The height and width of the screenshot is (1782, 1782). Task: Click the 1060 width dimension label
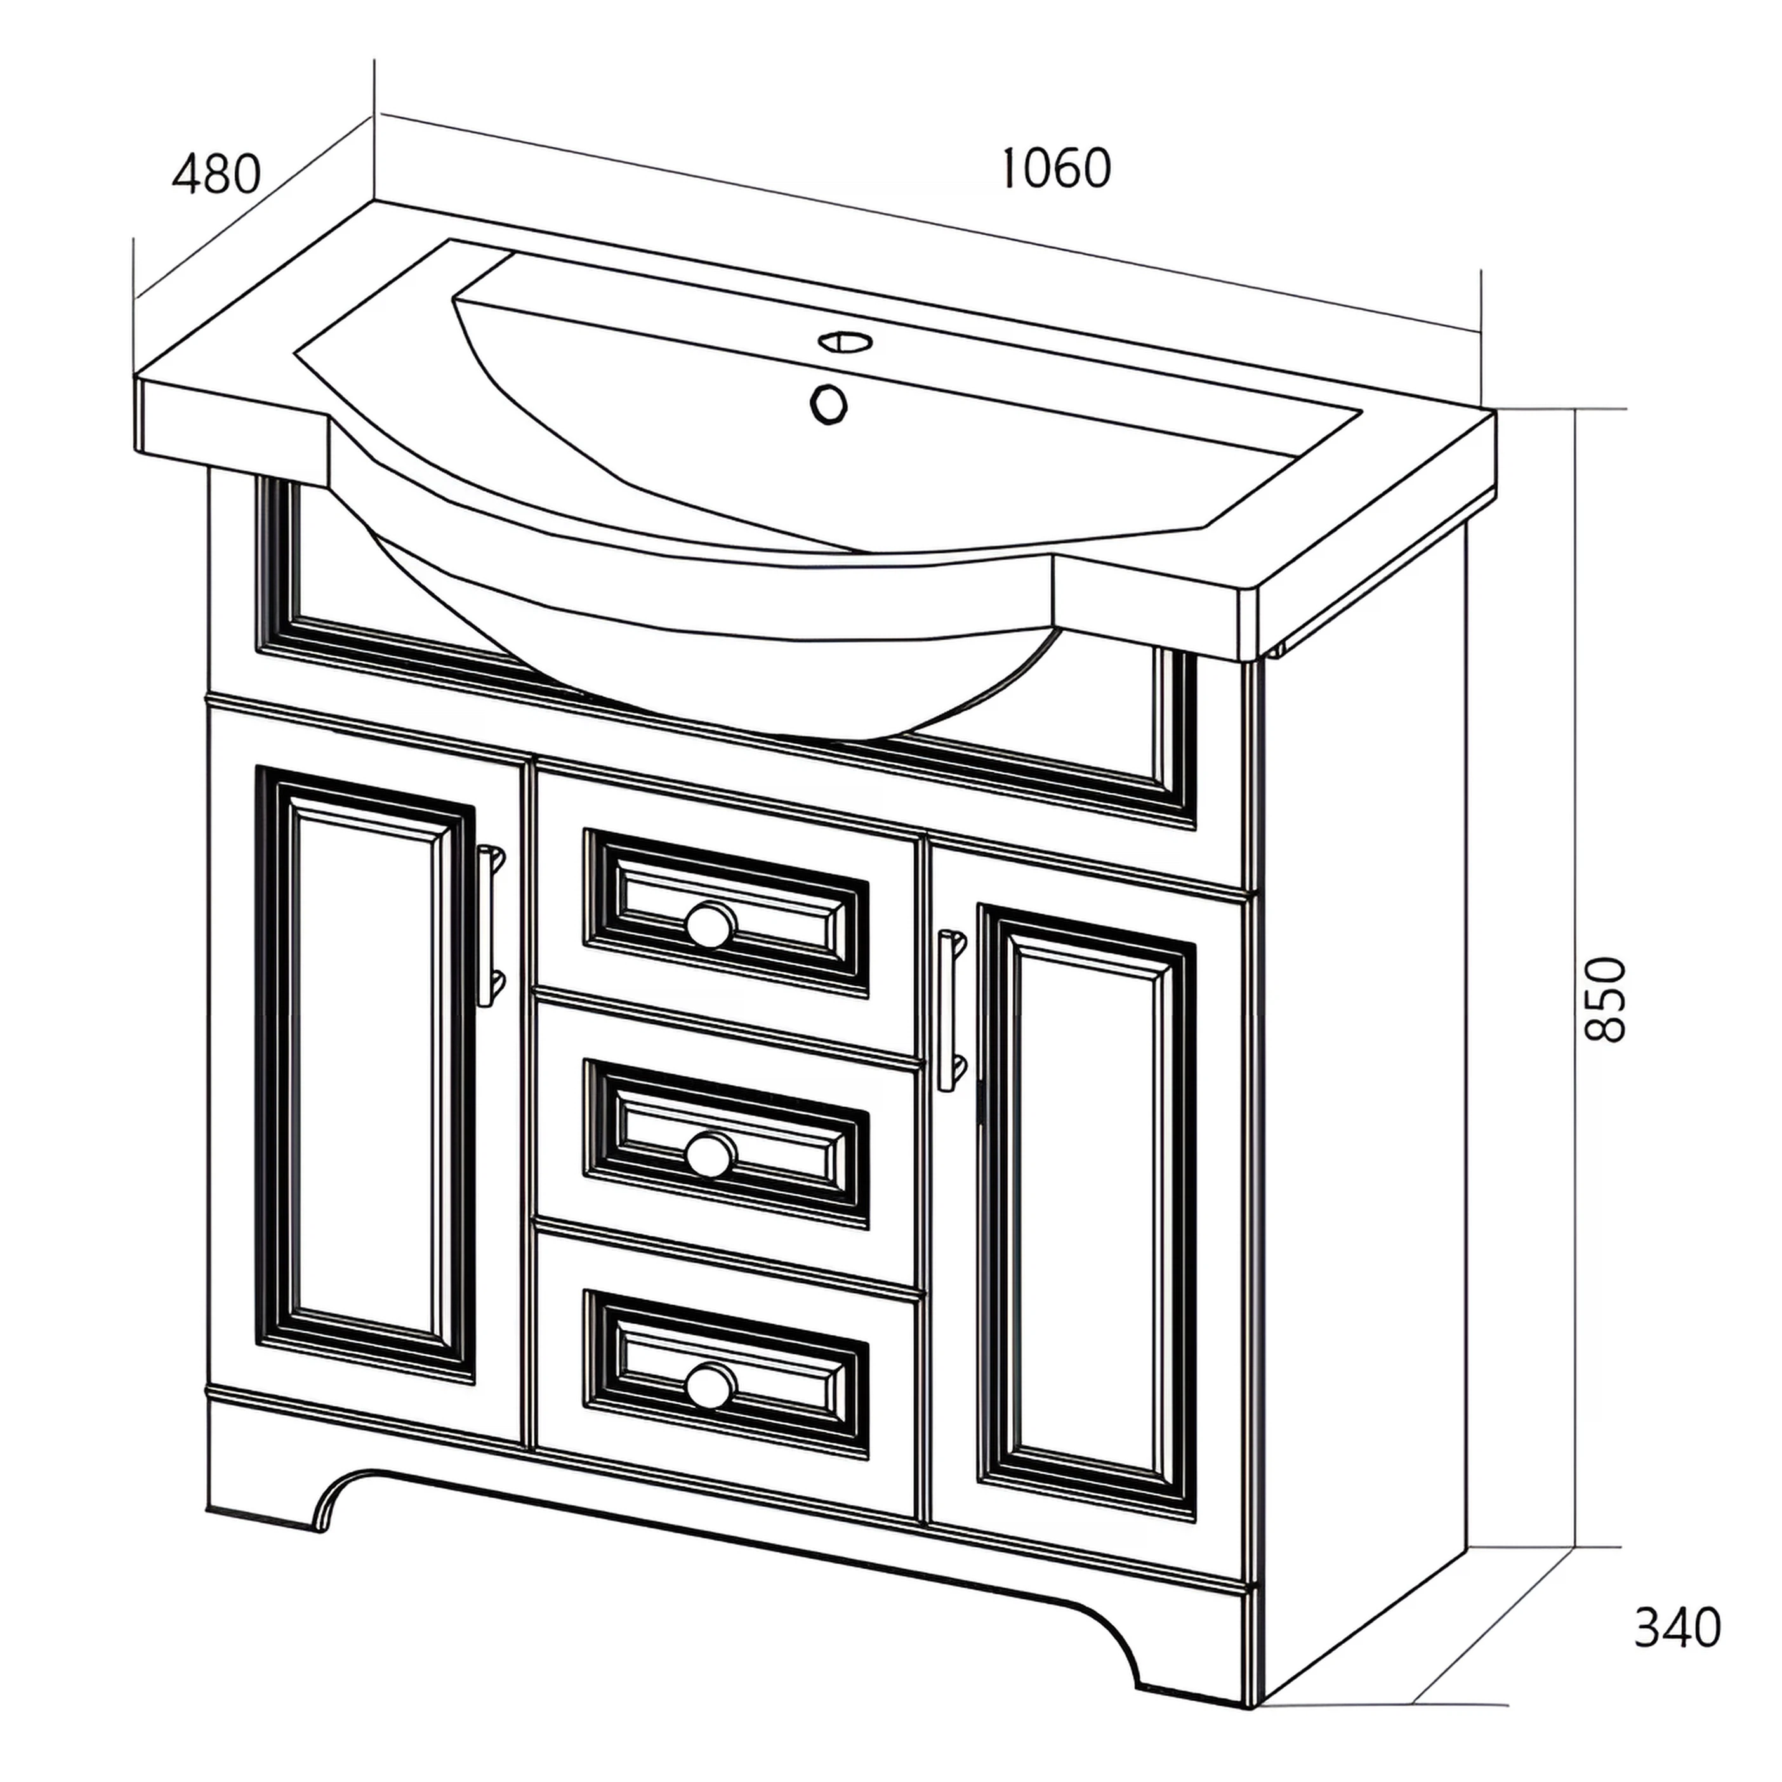click(1056, 168)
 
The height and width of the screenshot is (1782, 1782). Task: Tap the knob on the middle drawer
click(710, 1154)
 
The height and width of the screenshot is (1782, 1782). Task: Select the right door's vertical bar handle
click(951, 1010)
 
